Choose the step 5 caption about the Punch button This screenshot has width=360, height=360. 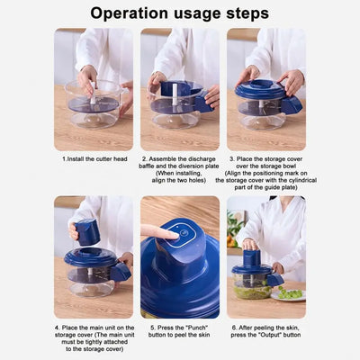click(180, 332)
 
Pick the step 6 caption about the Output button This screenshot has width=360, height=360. click(266, 332)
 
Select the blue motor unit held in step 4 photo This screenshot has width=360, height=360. click(86, 232)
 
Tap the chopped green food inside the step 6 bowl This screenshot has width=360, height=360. click(252, 291)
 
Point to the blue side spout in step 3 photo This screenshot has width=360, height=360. click(292, 104)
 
